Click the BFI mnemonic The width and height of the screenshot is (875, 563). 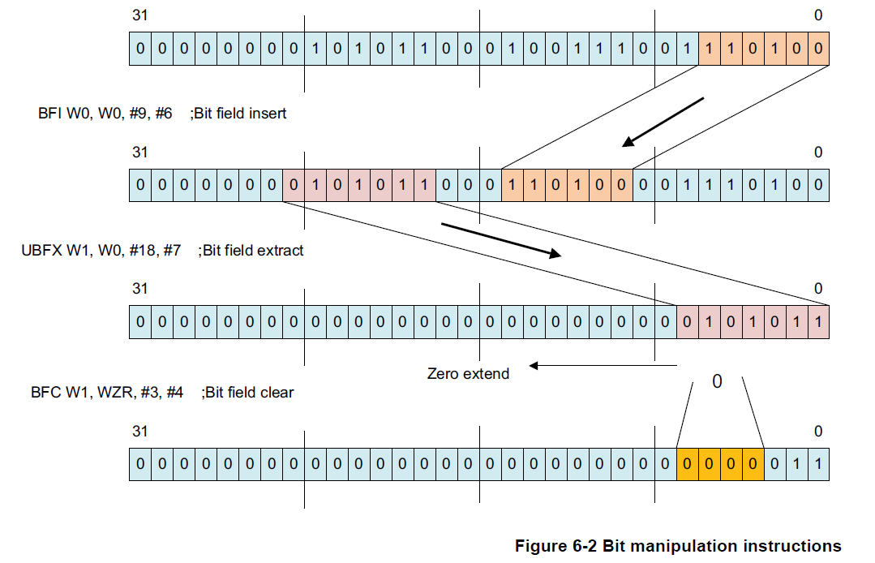click(x=51, y=114)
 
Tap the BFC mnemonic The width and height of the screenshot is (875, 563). click(x=47, y=393)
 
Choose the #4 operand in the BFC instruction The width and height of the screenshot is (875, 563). click(x=175, y=393)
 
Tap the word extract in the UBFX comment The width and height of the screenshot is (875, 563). click(x=280, y=251)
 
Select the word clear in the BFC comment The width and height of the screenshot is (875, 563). click(x=277, y=393)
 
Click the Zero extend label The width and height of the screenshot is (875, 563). click(x=468, y=374)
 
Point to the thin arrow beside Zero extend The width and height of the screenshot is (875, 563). click(x=603, y=365)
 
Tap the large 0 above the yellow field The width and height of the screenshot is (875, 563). click(x=716, y=380)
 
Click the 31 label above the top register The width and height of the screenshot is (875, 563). click(x=139, y=15)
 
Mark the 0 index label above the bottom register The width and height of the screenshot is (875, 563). click(x=817, y=432)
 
